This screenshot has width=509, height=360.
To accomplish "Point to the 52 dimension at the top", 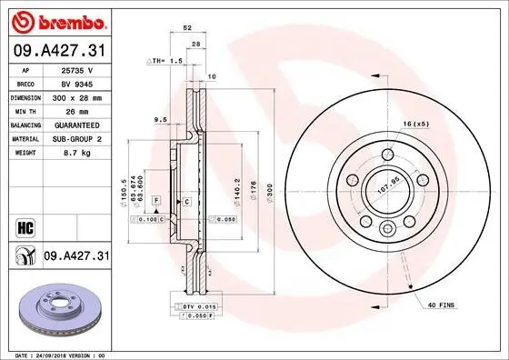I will click(186, 28).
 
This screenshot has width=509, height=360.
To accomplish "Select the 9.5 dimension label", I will click(161, 119).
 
